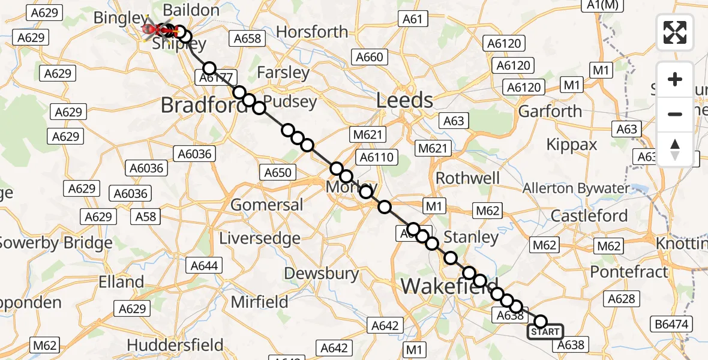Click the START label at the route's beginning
545,332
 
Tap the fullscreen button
675,32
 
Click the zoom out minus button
675,114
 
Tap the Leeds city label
404,100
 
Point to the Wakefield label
449,286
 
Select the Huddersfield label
175,346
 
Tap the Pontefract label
629,272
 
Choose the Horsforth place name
312,31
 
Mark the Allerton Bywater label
576,188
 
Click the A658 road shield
247,39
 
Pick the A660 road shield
369,57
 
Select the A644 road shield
204,265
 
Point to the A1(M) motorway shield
601,5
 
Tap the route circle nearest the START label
541,321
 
